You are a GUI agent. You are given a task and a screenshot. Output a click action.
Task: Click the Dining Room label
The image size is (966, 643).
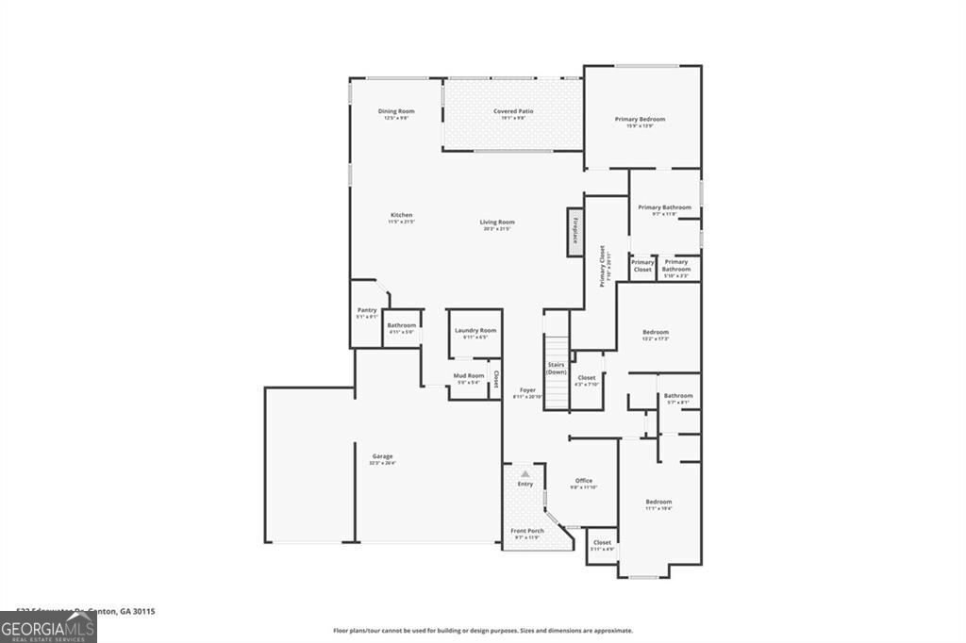tap(396, 111)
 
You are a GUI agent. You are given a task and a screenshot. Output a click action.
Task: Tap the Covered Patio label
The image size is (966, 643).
tap(513, 111)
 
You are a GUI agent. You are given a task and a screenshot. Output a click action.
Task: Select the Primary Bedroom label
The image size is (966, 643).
tap(640, 120)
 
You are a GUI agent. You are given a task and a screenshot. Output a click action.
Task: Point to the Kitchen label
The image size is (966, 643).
tap(401, 215)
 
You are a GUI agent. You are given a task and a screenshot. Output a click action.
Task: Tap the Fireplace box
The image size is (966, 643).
tap(573, 231)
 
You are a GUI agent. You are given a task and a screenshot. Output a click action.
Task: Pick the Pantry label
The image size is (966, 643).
tap(367, 310)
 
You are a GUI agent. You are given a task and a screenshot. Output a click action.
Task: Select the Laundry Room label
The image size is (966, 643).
tap(475, 331)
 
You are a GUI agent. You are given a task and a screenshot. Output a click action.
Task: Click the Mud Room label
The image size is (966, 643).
tap(469, 376)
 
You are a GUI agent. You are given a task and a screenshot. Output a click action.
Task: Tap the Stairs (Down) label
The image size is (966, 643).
tap(556, 368)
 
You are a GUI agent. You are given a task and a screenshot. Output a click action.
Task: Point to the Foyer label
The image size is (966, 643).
tap(527, 389)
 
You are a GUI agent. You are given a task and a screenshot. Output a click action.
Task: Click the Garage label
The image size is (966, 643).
tap(382, 456)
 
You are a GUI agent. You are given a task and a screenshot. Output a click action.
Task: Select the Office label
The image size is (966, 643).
tap(583, 481)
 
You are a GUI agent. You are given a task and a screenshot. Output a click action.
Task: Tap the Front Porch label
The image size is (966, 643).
tap(527, 531)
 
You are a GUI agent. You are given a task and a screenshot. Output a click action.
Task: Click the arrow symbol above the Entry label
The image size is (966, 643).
tap(525, 472)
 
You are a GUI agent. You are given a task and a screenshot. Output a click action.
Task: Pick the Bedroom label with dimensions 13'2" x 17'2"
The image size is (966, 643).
tap(656, 332)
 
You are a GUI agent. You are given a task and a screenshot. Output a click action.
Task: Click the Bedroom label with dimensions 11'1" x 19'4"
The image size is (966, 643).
tap(658, 502)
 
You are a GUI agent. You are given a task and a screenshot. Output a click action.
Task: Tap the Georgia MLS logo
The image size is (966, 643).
tap(48, 628)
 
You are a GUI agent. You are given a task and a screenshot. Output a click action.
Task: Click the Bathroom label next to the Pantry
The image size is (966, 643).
tap(401, 325)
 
